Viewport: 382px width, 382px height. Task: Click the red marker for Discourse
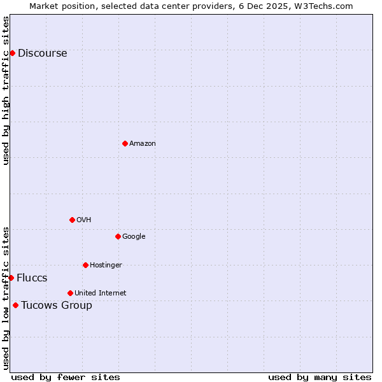pos(12,53)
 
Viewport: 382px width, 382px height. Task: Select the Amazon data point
pos(125,143)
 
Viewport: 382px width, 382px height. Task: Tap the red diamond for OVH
pos(72,220)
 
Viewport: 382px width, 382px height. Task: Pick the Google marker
pos(118,236)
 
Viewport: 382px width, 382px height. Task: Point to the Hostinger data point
pos(85,265)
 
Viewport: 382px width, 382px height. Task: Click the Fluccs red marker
pos(11,278)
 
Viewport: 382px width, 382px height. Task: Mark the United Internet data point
pos(70,293)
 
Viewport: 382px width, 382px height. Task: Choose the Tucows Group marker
pos(15,305)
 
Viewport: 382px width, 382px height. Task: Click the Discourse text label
pos(42,53)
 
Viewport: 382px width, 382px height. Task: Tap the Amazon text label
pos(143,144)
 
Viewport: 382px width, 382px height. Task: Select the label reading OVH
pos(83,220)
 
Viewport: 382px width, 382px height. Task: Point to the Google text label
pos(134,237)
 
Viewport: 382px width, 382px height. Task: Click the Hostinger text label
pos(106,265)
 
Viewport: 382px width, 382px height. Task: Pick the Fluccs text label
pos(32,278)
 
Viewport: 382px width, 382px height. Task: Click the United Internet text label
pos(100,294)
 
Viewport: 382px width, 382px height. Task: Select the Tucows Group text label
pos(57,306)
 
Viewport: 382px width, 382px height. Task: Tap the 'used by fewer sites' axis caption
pos(66,377)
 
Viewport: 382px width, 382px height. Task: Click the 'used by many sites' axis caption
pos(320,377)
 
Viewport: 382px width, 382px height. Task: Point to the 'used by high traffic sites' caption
pos(6,91)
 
